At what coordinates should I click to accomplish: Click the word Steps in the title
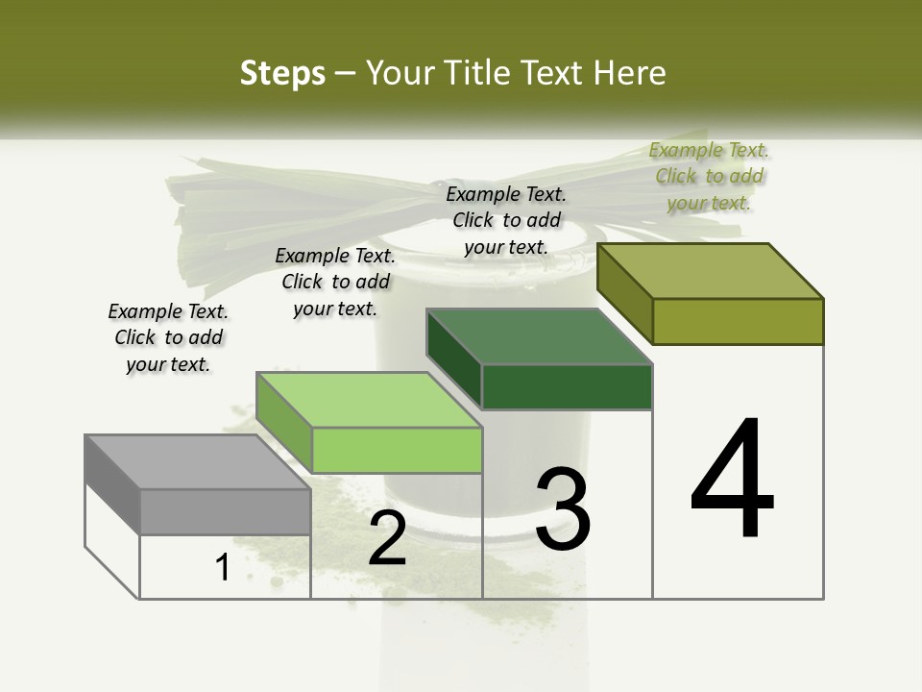282,74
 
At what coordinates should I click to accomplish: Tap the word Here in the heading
629,74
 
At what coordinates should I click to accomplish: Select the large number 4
732,480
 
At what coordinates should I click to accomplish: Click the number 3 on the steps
563,508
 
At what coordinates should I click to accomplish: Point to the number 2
387,538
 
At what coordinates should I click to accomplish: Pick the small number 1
223,568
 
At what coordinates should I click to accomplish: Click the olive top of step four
711,271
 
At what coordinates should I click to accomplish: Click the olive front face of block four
738,321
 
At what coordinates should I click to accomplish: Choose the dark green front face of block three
567,386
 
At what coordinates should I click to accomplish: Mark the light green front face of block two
397,450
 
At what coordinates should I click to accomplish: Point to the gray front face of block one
225,511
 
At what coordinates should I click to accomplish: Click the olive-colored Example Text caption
710,176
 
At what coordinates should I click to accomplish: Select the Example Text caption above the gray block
168,337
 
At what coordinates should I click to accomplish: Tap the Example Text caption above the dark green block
506,220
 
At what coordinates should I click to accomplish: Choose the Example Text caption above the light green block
335,282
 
